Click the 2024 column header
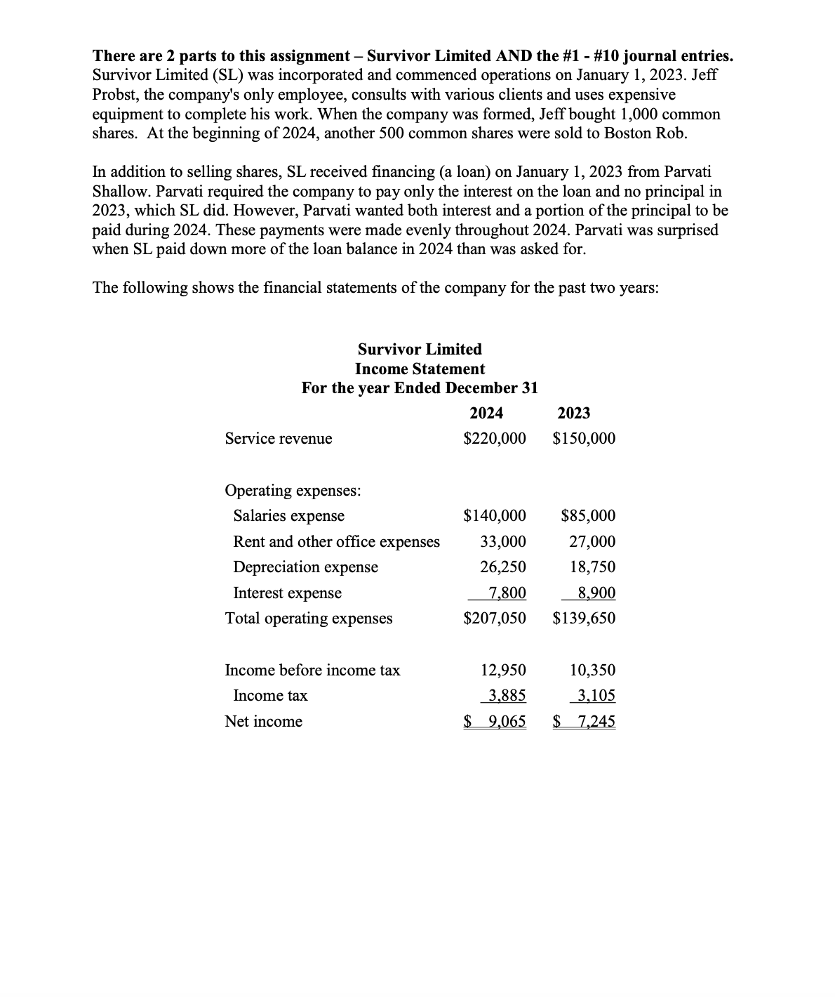point(486,413)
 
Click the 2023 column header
point(574,413)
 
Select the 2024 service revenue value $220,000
point(495,439)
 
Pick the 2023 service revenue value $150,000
point(584,439)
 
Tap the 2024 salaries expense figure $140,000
point(495,516)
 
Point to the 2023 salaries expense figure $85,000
point(589,516)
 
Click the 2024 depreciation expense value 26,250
point(502,567)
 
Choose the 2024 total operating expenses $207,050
point(495,619)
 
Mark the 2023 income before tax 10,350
point(592,671)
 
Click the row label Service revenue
point(279,439)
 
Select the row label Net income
point(263,722)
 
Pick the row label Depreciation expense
point(305,567)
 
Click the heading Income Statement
point(420,369)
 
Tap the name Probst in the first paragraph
point(116,95)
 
